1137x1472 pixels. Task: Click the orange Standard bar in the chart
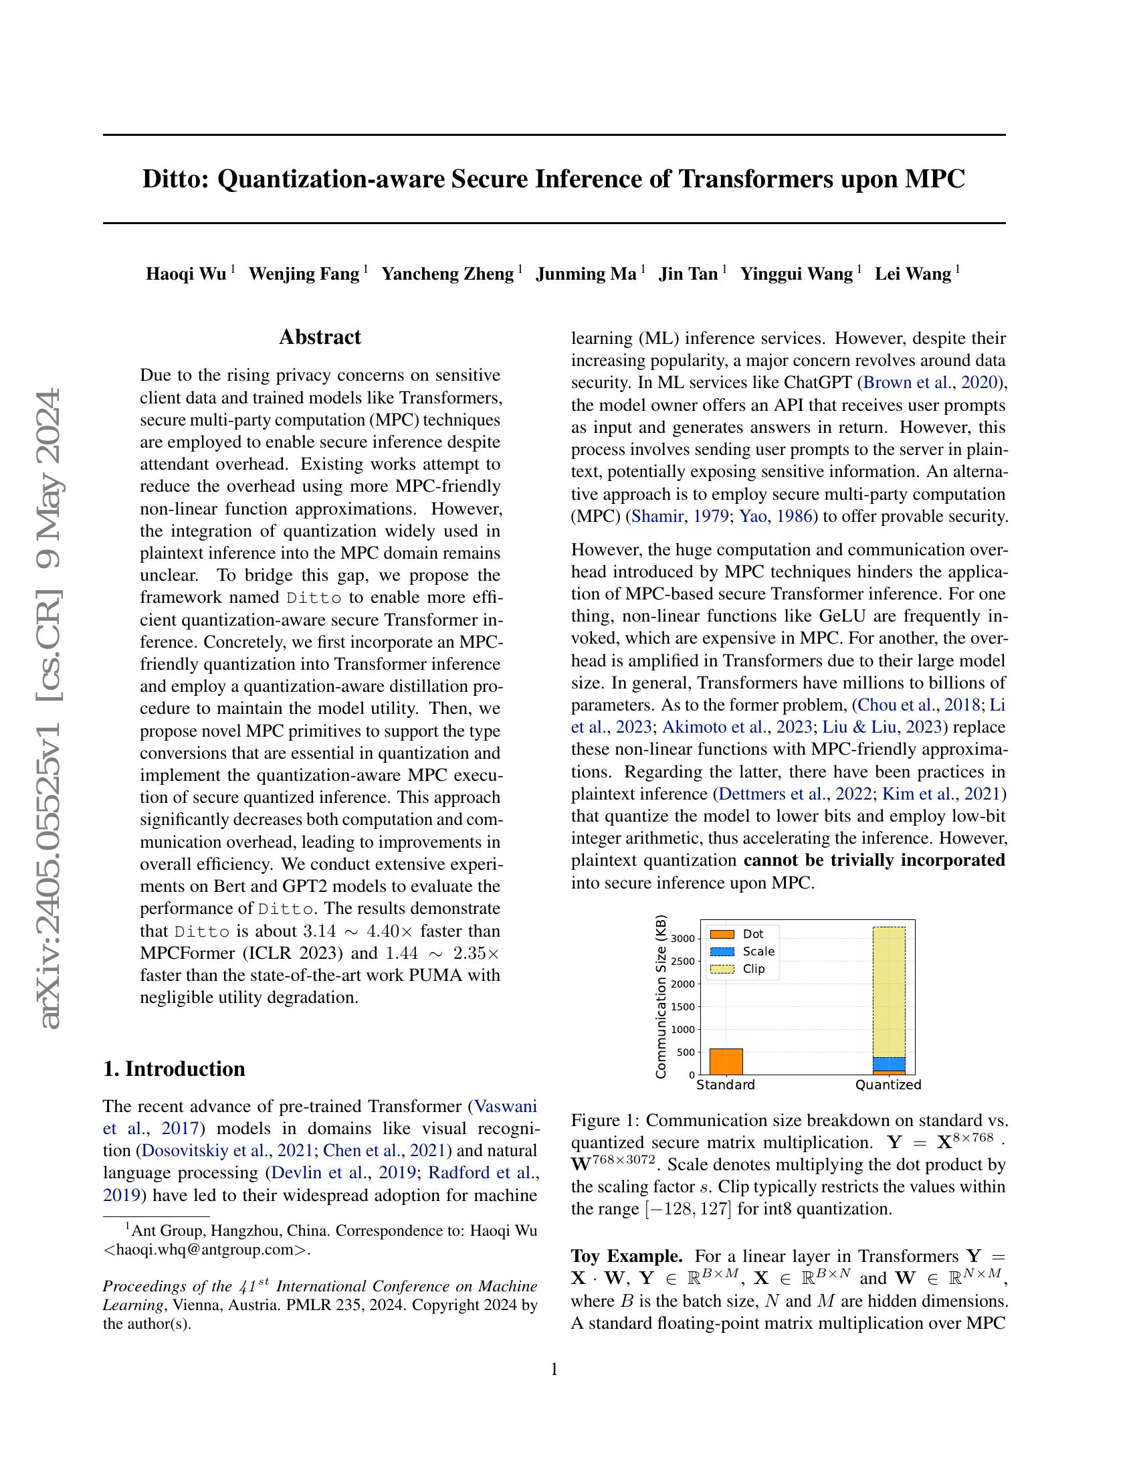pos(726,1062)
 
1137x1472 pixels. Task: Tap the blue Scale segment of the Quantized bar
pos(889,1065)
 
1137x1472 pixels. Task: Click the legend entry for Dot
pos(752,934)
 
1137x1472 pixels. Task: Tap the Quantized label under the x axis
pos(888,1085)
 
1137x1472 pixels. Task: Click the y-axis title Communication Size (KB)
pos(661,997)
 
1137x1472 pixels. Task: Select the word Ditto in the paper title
pos(175,180)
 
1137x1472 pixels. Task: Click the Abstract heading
pos(320,337)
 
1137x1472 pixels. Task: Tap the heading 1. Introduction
pos(174,1069)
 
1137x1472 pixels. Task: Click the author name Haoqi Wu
pos(186,274)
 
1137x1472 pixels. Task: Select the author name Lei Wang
pos(913,274)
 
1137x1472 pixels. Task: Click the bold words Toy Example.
pos(627,1257)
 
